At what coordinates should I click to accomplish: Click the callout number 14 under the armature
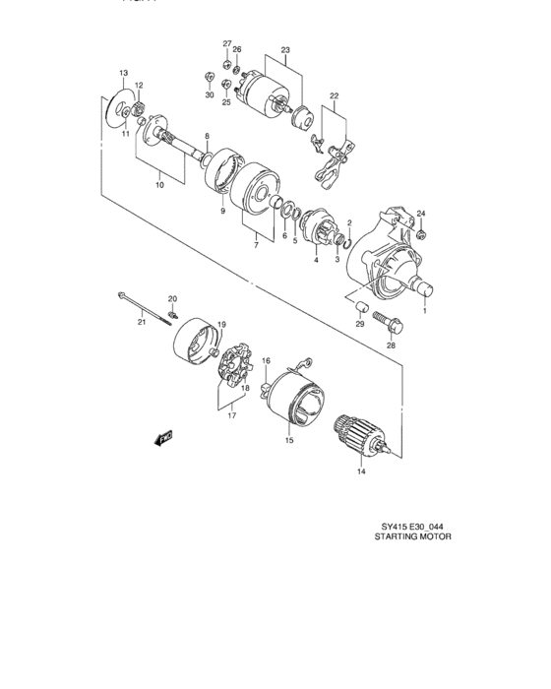point(360,472)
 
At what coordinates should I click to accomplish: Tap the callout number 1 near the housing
point(425,312)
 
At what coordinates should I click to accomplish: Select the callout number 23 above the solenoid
point(285,49)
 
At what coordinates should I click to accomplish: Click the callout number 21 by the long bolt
point(141,320)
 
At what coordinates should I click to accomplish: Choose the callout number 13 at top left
point(124,74)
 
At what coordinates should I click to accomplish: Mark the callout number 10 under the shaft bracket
point(160,184)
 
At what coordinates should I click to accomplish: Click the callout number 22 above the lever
point(334,95)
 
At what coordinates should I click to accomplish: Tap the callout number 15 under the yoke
point(289,441)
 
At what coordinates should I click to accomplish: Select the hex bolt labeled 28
point(386,322)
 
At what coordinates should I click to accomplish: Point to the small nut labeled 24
point(420,233)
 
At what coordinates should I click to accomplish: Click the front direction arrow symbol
point(163,436)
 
